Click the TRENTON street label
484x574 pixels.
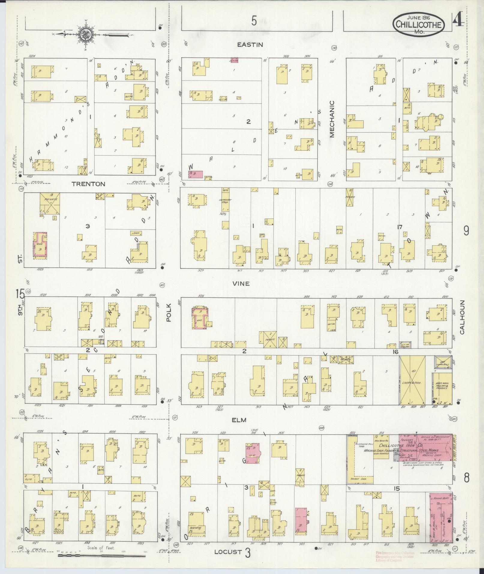[88, 184]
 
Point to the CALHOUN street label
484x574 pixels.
[461, 317]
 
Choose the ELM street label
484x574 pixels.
[239, 420]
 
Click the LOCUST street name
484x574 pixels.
[228, 551]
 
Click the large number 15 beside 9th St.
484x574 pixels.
[20, 294]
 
